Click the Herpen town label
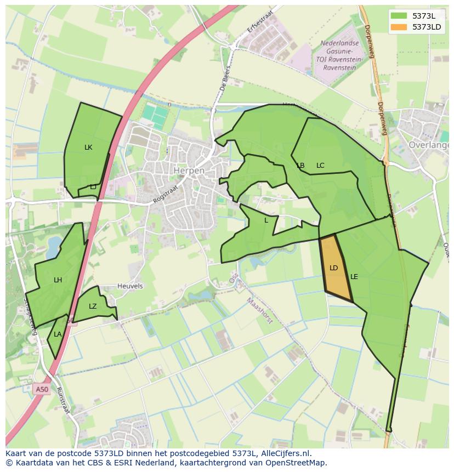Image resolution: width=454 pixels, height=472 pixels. click(189, 170)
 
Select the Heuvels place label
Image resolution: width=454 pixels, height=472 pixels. click(130, 286)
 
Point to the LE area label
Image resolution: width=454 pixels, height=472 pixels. click(354, 277)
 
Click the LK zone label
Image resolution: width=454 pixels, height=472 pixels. click(88, 147)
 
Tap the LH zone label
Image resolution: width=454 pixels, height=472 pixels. click(58, 280)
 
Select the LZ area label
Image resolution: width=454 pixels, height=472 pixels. click(93, 306)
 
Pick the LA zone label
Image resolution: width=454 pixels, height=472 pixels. click(58, 334)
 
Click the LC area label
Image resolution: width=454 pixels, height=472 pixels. click(320, 166)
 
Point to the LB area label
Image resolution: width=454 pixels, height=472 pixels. click(300, 166)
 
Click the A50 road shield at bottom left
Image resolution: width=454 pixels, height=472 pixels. click(42, 390)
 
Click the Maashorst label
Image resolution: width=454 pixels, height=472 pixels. click(259, 310)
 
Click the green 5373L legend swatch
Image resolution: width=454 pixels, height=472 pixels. click(399, 15)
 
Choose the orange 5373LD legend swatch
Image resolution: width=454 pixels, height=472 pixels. click(399, 27)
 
